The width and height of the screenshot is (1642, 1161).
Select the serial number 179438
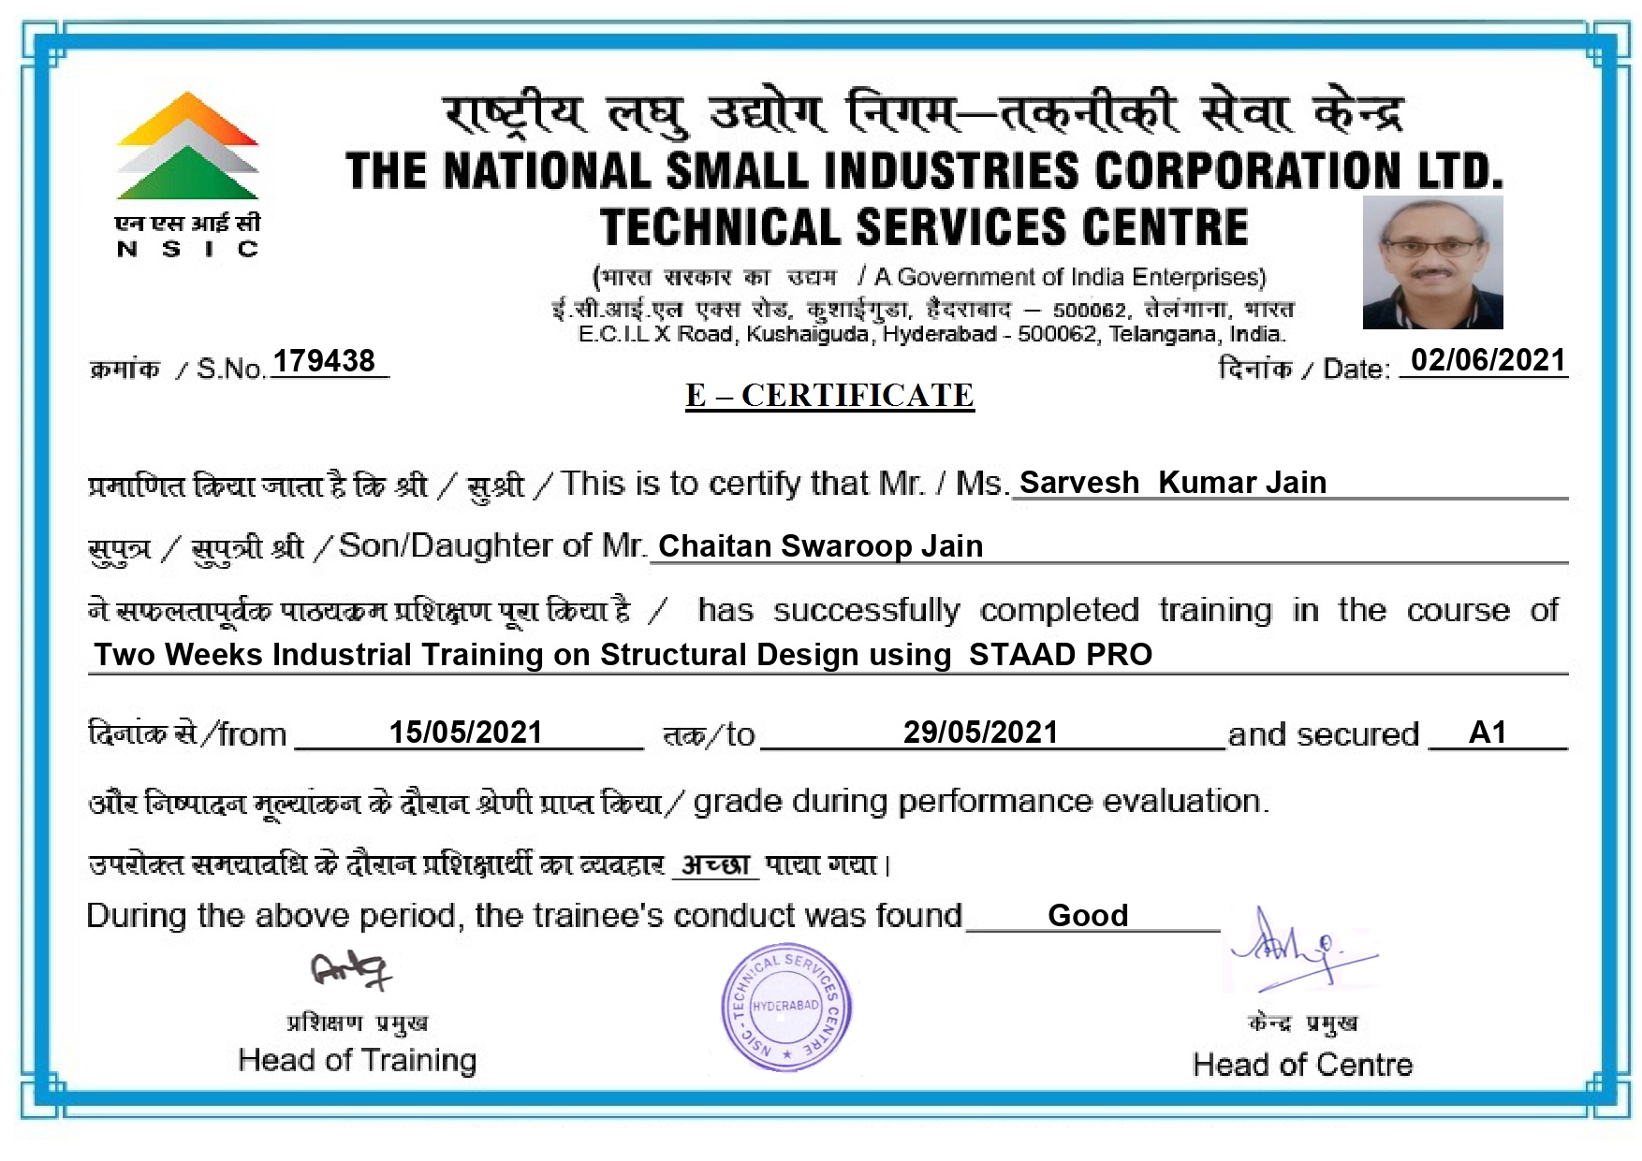tap(324, 361)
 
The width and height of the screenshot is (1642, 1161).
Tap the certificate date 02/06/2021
tap(1488, 360)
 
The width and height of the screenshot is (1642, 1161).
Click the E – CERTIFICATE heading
tap(829, 396)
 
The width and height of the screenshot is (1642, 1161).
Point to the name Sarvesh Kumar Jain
tap(1172, 483)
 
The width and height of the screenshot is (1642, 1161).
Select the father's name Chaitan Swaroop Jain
tap(820, 546)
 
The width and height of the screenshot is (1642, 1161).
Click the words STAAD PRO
tap(1060, 655)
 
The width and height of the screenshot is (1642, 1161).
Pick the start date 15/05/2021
tap(465, 733)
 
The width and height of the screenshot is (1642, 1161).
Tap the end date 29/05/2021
tap(980, 733)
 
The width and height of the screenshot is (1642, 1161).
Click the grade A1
tap(1488, 733)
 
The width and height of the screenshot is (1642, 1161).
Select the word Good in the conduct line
tap(1088, 915)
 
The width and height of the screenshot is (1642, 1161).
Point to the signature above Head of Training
tap(350, 970)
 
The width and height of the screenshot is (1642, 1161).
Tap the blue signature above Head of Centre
tap(1299, 951)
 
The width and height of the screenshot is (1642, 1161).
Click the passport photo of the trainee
tap(1432, 262)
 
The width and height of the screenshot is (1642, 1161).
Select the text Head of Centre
tap(1302, 1065)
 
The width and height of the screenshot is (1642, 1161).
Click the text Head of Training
tap(357, 1060)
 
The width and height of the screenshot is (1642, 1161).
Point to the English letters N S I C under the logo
tap(187, 249)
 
